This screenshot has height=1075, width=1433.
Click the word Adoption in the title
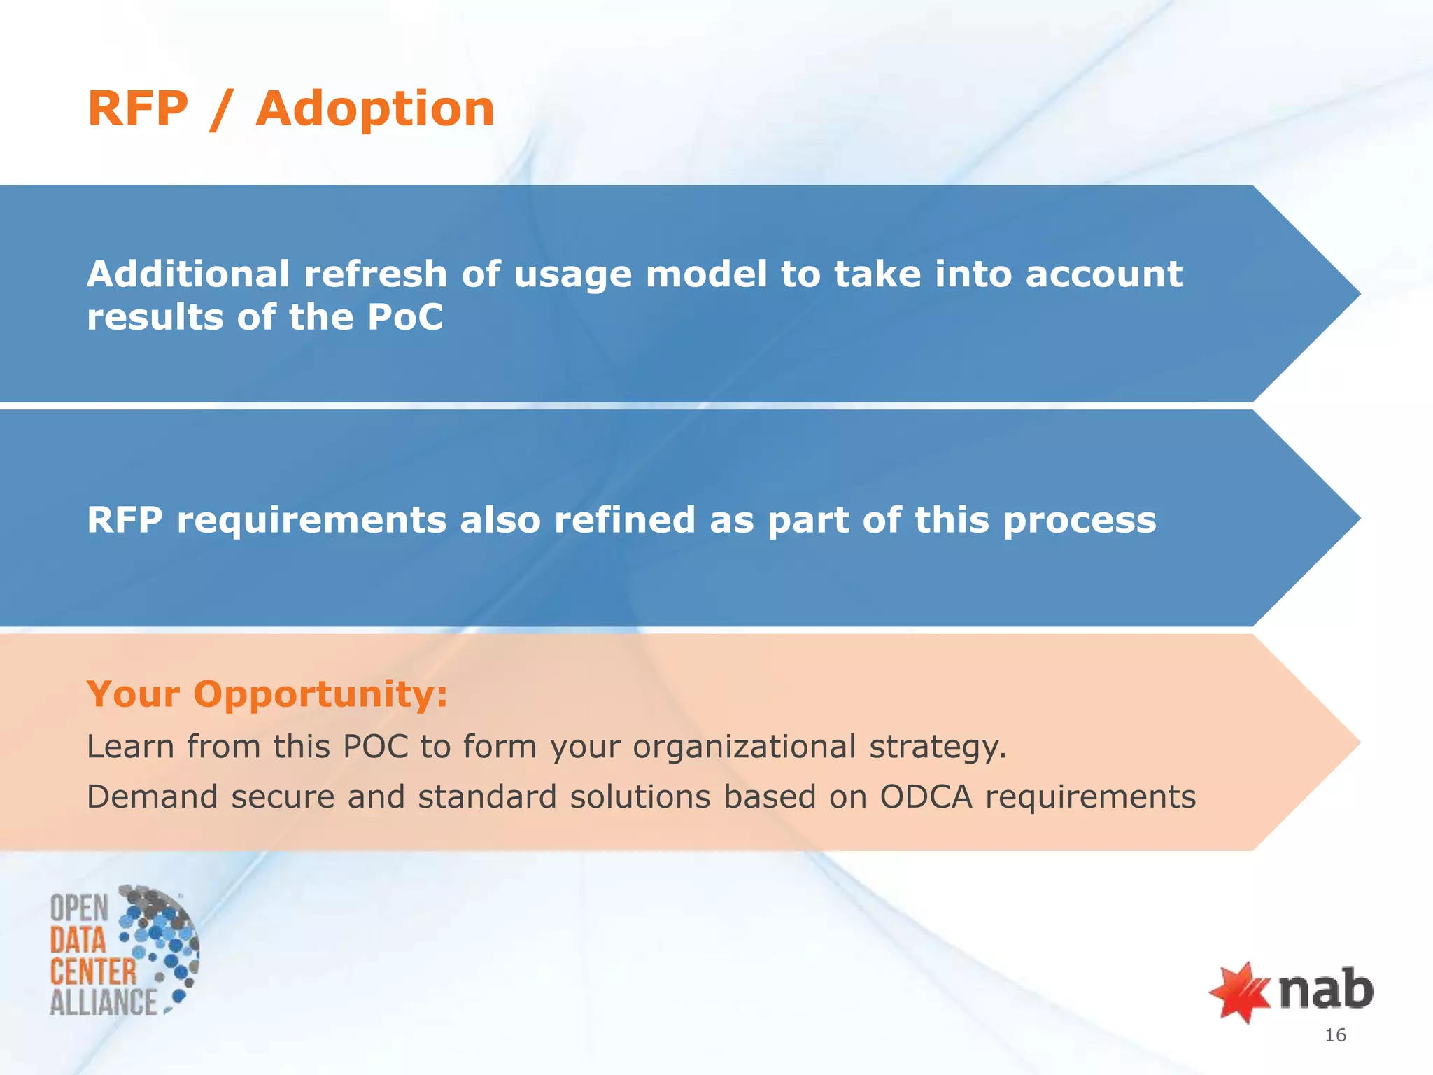tap(375, 110)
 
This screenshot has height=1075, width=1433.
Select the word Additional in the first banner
tap(188, 274)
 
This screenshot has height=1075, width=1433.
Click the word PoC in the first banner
tap(404, 317)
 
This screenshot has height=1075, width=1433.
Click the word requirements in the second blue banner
tap(311, 521)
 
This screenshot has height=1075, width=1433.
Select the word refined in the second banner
tap(624, 520)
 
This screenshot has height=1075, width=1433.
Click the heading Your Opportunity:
tap(267, 694)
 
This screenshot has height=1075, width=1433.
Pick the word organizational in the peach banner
tap(744, 747)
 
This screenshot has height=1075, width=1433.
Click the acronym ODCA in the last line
tap(926, 797)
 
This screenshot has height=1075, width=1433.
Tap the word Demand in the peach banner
tap(152, 797)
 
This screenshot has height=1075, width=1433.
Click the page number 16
tap(1335, 1035)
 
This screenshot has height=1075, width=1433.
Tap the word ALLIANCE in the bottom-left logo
tap(104, 1002)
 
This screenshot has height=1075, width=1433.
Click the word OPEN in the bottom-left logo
tap(79, 908)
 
